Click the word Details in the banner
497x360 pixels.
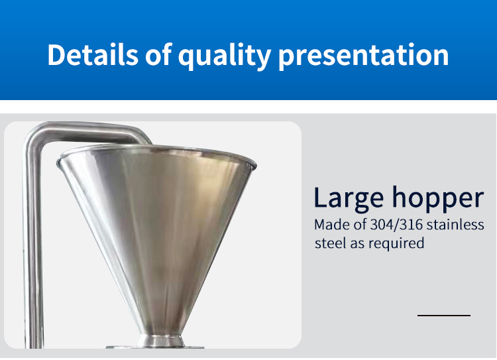coord(93,55)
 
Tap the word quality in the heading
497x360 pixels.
coord(225,56)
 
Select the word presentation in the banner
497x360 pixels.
coord(364,56)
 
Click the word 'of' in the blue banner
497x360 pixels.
coord(158,54)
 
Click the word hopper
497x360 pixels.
coord(438,199)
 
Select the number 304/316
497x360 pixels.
coord(396,225)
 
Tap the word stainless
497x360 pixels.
coord(455,225)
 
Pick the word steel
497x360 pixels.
coord(330,243)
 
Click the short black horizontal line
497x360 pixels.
coord(444,316)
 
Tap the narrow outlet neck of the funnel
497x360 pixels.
coord(161,340)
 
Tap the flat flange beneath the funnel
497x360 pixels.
coord(155,347)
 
